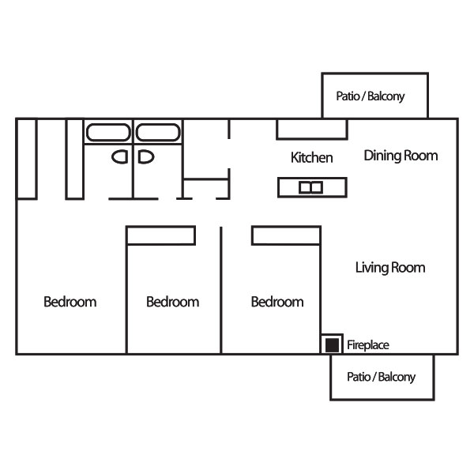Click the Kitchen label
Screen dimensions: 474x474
312,157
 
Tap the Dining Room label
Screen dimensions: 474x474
401,156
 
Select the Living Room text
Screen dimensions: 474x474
390,268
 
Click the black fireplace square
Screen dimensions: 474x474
332,345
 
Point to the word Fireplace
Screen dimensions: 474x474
368,345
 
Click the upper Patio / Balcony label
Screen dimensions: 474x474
371,96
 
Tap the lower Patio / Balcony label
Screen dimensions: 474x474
382,377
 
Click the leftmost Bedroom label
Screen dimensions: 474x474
70,302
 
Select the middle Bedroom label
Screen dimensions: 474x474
172,302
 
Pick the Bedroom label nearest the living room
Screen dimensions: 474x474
277,302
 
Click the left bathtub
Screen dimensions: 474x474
108,132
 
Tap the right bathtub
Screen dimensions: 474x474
158,132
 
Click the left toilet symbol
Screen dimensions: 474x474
120,157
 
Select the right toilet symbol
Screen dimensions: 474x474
146,157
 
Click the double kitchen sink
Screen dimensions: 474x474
310,187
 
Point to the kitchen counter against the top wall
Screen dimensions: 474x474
312,130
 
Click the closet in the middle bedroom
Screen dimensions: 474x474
161,235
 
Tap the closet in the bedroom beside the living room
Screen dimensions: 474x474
286,235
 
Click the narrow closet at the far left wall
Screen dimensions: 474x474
27,159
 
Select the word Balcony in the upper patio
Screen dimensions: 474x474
386,96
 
